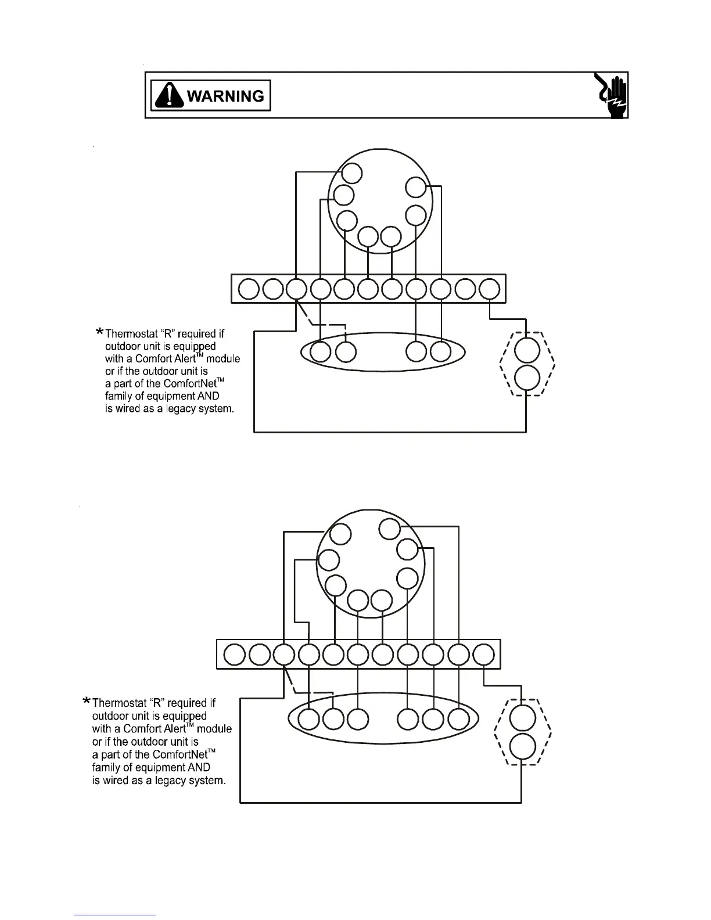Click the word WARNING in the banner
tap(225, 96)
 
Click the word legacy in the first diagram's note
tap(184, 409)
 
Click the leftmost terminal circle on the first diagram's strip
tap(249, 289)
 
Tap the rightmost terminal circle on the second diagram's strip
tap(483, 654)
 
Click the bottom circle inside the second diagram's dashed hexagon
tap(522, 746)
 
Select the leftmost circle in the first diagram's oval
tap(321, 352)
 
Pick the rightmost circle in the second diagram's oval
tap(458, 719)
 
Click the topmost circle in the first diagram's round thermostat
tap(351, 173)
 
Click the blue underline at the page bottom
tap(116, 915)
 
